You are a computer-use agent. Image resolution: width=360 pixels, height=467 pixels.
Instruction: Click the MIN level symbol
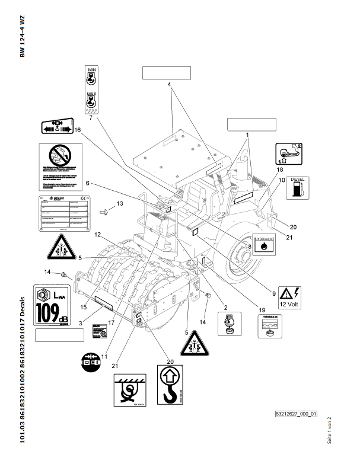point(92,78)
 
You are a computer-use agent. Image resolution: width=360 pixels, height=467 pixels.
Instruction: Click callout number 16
point(78,129)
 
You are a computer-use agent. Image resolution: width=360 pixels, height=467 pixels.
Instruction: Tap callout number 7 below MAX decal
point(91,119)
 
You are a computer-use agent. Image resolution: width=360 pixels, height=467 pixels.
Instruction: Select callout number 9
point(275,293)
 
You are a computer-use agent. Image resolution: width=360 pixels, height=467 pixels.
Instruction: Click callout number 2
point(225,307)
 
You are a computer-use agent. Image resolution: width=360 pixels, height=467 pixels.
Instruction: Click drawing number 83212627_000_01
point(296,414)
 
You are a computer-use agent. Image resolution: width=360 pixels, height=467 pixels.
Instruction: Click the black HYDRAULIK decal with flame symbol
point(264,243)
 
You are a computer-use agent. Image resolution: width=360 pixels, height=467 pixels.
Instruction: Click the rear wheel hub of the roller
point(244,255)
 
